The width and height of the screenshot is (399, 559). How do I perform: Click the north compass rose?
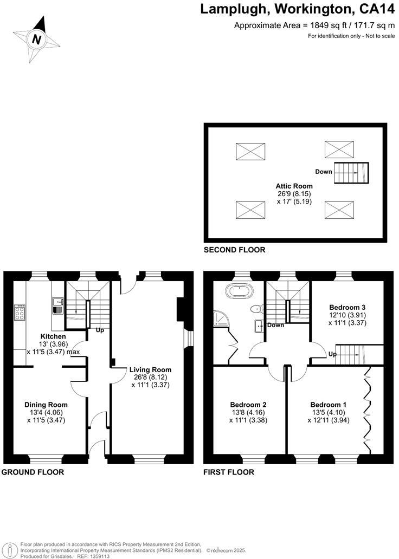coord(36,38)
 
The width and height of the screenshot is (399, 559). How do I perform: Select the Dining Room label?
coord(46,404)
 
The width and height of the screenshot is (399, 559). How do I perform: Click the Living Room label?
coord(150,370)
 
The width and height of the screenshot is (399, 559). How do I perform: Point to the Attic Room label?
coord(294,186)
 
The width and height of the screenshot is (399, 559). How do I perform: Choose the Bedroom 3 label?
coord(347,307)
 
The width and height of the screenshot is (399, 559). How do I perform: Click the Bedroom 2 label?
coord(248,404)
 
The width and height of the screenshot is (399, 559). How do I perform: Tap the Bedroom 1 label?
coord(329,404)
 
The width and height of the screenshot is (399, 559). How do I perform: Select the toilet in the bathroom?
coord(256,309)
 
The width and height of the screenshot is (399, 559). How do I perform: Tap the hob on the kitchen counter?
coord(20,313)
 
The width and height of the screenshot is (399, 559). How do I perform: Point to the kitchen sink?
coord(57,306)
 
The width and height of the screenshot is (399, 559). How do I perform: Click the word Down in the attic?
coord(323,172)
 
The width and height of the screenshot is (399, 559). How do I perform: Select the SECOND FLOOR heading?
coord(234,250)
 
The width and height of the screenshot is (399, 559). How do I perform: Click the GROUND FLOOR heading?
coord(33,472)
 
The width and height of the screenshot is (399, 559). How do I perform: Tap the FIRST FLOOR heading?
coord(229,472)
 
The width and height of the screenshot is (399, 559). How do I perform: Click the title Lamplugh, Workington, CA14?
coord(295,9)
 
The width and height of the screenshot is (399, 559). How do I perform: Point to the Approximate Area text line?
coord(313,25)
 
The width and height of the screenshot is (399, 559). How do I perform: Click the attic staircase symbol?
coord(350,173)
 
